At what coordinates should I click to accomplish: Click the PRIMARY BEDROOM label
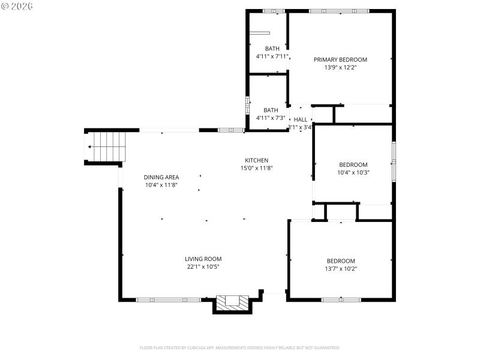(340, 59)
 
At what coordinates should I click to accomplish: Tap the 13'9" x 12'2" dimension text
(340, 67)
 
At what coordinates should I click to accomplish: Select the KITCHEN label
(256, 160)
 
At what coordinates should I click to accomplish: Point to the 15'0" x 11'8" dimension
(256, 168)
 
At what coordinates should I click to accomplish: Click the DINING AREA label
(161, 177)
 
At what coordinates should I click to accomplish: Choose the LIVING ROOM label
(203, 259)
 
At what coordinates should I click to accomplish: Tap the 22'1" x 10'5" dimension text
(203, 267)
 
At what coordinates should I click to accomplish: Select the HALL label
(300, 119)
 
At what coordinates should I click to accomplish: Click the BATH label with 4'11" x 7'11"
(272, 49)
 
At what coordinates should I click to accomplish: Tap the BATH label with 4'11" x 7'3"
(271, 110)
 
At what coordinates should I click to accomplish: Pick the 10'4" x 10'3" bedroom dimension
(353, 172)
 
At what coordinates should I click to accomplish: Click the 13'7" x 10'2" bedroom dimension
(340, 268)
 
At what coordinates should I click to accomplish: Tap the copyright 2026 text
(17, 6)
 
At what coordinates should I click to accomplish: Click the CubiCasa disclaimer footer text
(240, 347)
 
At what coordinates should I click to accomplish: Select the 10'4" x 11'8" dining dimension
(161, 185)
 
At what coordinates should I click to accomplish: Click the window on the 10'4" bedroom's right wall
(394, 161)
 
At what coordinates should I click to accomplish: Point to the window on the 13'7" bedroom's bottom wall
(340, 299)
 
